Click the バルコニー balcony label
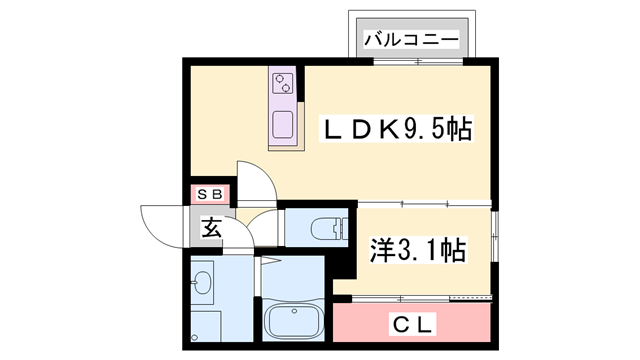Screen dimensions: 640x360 point(410,41)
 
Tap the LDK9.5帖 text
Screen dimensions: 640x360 point(396,130)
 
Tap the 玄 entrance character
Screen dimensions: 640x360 point(211,228)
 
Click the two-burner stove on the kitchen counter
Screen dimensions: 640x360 point(284,82)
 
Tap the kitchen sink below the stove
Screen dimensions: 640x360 point(284,125)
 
